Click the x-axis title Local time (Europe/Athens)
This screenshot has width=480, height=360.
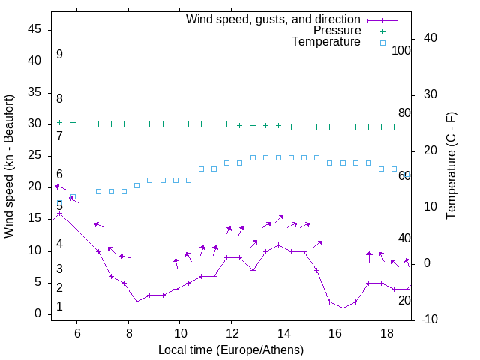coord(231,350)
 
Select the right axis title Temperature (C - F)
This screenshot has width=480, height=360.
coord(451,166)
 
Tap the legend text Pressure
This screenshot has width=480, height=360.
coord(337,31)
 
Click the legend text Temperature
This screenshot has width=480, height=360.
coord(326,43)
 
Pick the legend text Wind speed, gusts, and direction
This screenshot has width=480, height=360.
coord(274,19)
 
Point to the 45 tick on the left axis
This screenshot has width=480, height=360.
coord(35,29)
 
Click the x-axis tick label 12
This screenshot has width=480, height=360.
coord(232,332)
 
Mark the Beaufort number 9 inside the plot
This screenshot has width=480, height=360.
coord(59,55)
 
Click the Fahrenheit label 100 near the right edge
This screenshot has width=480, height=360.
coord(401,51)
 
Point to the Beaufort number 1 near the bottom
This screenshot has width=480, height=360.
coord(59,307)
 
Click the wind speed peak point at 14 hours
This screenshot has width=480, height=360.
coord(278,244)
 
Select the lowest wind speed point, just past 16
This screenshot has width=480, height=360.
coord(343,307)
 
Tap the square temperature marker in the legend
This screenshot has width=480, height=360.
coord(382,43)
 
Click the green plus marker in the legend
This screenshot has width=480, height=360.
coord(382,31)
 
